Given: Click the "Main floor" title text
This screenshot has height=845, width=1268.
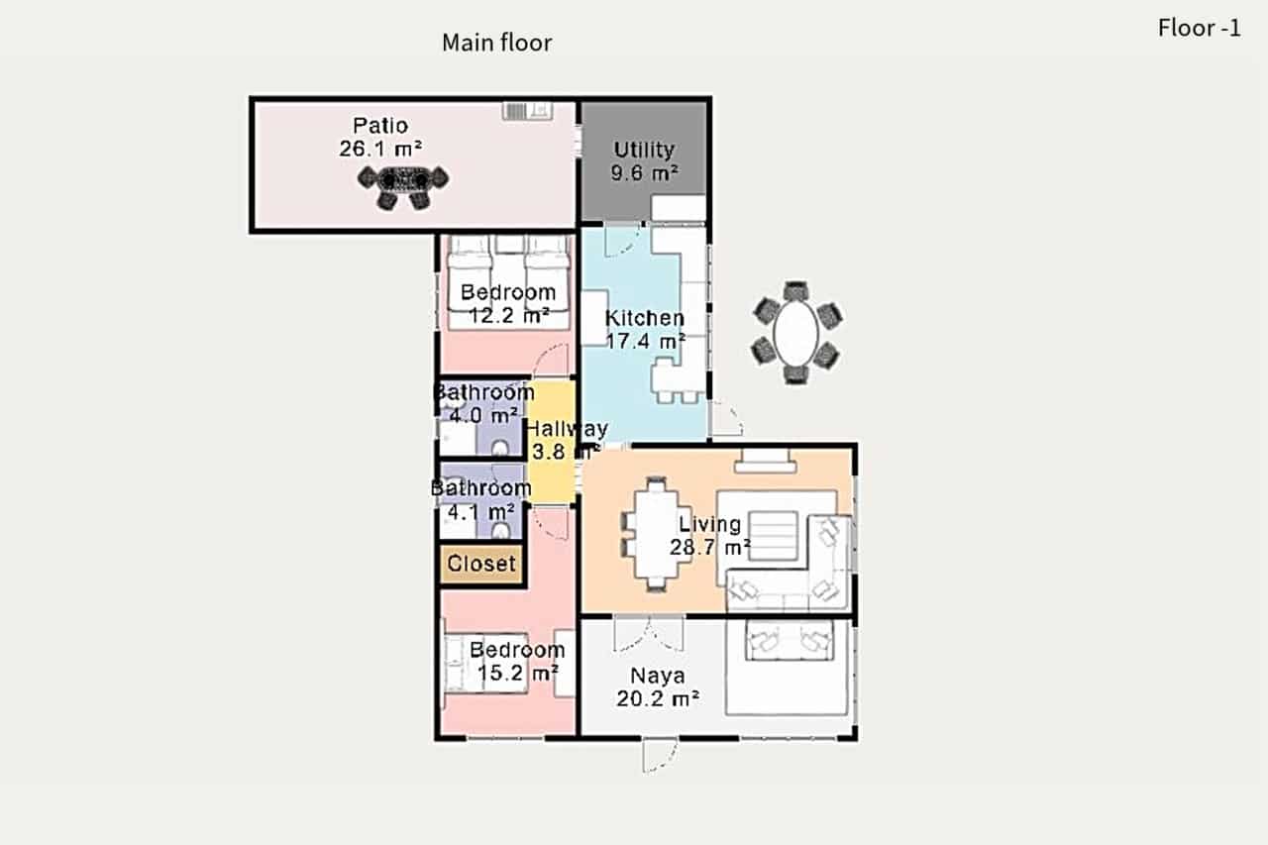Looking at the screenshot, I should (496, 43).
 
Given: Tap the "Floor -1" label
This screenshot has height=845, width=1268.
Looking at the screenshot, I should (1199, 28).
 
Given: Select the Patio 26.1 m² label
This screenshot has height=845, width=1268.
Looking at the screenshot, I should (380, 137).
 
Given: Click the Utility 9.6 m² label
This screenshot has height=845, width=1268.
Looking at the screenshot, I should (644, 160).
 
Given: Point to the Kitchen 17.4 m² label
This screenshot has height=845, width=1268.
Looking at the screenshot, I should (645, 329).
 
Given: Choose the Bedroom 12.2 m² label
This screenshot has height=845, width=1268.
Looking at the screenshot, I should (507, 304).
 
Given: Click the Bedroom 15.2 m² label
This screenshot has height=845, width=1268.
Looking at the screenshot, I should (516, 662).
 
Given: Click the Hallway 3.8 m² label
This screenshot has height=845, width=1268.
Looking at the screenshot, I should (565, 441).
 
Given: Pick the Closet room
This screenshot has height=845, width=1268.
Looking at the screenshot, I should (481, 564).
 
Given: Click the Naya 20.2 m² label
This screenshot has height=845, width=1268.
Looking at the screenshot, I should (659, 687).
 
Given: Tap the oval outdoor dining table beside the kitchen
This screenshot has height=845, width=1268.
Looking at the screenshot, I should (796, 333).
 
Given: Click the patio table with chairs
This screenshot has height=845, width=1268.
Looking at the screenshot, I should (402, 181).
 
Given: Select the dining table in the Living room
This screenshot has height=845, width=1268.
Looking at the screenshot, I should (655, 534).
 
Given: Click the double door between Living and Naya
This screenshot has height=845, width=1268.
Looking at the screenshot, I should (649, 632).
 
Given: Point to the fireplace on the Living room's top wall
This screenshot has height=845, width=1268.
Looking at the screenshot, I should (764, 459).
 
